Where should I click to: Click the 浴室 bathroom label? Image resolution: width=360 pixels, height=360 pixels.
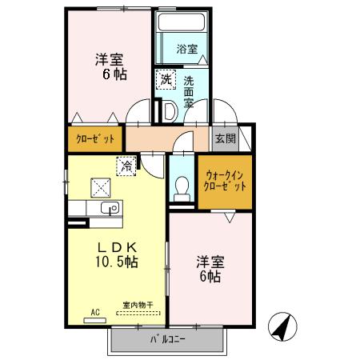[187, 49]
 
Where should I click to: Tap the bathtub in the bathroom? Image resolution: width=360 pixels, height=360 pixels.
[182, 22]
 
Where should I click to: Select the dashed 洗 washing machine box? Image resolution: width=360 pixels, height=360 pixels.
[166, 79]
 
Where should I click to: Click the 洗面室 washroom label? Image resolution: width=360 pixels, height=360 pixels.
[189, 92]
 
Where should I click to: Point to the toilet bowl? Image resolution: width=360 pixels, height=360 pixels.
[182, 189]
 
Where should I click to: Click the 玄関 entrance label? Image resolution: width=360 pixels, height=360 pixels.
[226, 138]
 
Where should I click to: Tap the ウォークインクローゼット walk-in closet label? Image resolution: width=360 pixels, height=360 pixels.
[225, 181]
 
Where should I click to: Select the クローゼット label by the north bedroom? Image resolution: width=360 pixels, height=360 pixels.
[95, 138]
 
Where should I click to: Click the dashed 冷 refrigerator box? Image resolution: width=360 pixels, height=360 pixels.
[126, 166]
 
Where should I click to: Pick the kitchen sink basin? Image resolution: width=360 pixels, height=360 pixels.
[110, 208]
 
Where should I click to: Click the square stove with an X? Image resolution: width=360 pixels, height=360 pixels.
[101, 188]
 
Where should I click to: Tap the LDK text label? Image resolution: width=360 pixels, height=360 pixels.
[117, 248]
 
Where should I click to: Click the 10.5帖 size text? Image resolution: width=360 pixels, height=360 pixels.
[117, 262]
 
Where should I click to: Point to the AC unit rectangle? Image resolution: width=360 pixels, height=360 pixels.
[95, 321]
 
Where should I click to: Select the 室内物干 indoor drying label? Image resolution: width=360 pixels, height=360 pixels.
[138, 305]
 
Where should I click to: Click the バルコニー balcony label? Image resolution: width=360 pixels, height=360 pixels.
[167, 339]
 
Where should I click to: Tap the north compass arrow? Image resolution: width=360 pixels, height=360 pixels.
[282, 327]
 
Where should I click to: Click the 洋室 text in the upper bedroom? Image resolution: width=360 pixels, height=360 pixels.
[110, 59]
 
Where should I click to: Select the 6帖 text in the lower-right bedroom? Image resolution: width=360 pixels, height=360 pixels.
[210, 277]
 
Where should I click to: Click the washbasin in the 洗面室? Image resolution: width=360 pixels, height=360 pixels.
[170, 111]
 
